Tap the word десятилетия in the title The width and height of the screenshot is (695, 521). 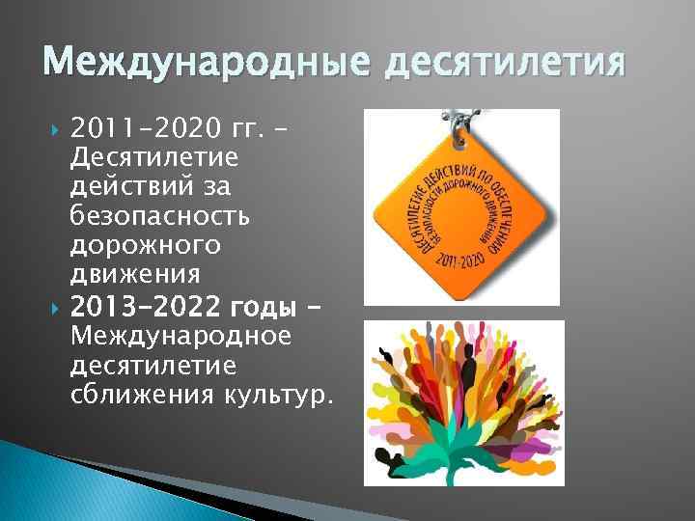pyautogui.click(x=506, y=65)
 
